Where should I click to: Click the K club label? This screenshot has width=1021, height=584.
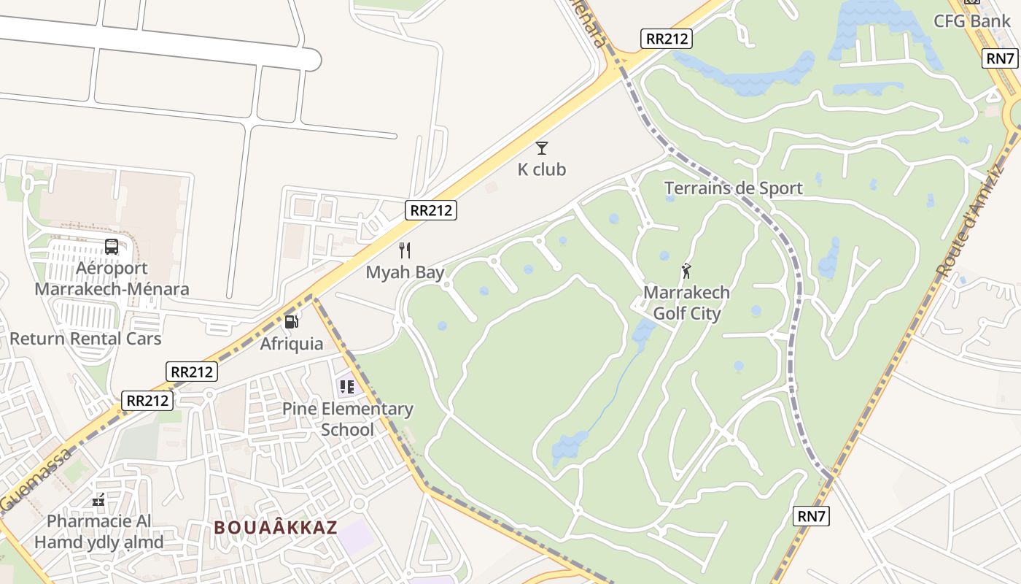tap(541, 169)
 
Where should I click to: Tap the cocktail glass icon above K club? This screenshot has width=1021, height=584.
tap(541, 148)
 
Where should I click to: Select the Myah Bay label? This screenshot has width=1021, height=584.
tap(405, 272)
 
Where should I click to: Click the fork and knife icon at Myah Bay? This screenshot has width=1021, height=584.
tap(405, 250)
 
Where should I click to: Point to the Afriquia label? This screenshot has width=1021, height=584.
tap(292, 343)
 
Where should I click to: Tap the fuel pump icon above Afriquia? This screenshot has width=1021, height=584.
tap(292, 321)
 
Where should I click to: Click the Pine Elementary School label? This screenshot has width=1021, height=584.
tap(348, 419)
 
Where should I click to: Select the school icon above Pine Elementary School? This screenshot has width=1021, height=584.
tap(346, 386)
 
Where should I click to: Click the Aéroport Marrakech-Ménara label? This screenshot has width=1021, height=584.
tap(112, 278)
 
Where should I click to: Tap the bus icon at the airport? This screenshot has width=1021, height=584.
tap(112, 247)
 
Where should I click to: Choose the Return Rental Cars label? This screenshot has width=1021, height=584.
tap(85, 339)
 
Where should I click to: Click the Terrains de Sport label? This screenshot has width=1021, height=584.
tap(733, 188)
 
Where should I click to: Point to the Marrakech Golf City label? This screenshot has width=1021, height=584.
tap(686, 303)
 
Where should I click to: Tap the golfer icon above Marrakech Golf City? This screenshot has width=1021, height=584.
tap(686, 272)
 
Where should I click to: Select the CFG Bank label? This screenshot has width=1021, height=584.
tap(972, 20)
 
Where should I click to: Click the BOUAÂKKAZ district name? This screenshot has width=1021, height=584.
tap(276, 527)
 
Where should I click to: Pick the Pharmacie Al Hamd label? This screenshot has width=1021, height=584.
tap(99, 531)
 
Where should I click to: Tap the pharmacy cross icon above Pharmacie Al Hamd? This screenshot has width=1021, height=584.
tap(98, 501)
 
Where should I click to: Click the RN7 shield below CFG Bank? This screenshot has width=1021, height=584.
tap(1000, 58)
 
